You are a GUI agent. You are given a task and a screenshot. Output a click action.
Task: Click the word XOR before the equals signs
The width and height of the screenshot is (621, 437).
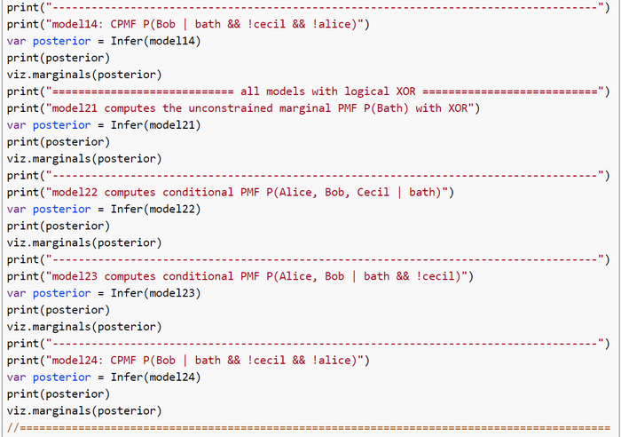(405, 91)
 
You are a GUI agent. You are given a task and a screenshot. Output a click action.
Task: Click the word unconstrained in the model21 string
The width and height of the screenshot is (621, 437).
(230, 108)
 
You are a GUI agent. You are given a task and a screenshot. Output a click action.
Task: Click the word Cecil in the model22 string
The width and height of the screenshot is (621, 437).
(373, 193)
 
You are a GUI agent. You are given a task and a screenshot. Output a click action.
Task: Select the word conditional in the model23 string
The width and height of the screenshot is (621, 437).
(198, 276)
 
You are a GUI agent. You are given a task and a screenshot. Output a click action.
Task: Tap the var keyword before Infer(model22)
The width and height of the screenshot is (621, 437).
(16, 209)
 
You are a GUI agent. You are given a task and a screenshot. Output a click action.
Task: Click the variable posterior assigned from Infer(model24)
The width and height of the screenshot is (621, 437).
(61, 377)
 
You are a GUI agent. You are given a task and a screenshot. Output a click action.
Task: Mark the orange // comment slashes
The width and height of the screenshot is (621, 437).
(12, 428)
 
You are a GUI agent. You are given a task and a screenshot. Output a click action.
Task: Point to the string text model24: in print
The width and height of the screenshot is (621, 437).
(78, 361)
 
